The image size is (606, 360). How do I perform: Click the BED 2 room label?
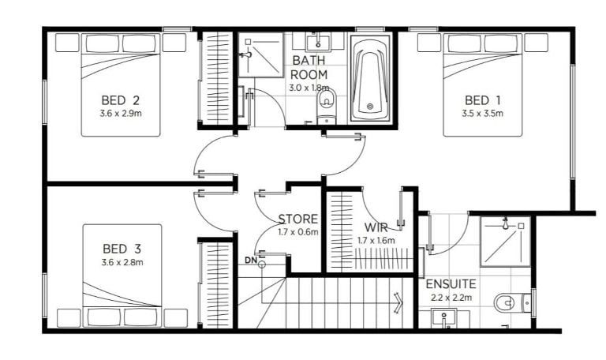(120, 100)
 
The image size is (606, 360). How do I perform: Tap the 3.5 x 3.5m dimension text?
(482, 114)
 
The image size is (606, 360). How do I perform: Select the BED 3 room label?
(122, 249)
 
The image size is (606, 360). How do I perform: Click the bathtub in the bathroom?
(370, 78)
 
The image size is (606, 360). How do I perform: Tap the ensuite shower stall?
(506, 242)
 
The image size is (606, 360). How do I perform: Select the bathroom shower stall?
(260, 55)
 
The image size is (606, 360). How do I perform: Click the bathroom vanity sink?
(318, 43)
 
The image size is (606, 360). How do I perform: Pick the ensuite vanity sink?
(444, 318)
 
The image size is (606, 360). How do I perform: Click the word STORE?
(298, 219)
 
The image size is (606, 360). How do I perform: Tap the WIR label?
(376, 227)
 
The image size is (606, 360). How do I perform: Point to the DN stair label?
(251, 261)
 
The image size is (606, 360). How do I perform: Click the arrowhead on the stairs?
(398, 300)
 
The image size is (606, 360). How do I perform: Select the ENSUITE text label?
(451, 284)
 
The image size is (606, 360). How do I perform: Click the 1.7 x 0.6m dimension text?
(298, 232)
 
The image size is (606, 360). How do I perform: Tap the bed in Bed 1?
(482, 84)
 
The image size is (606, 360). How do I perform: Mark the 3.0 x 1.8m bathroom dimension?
(309, 88)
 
